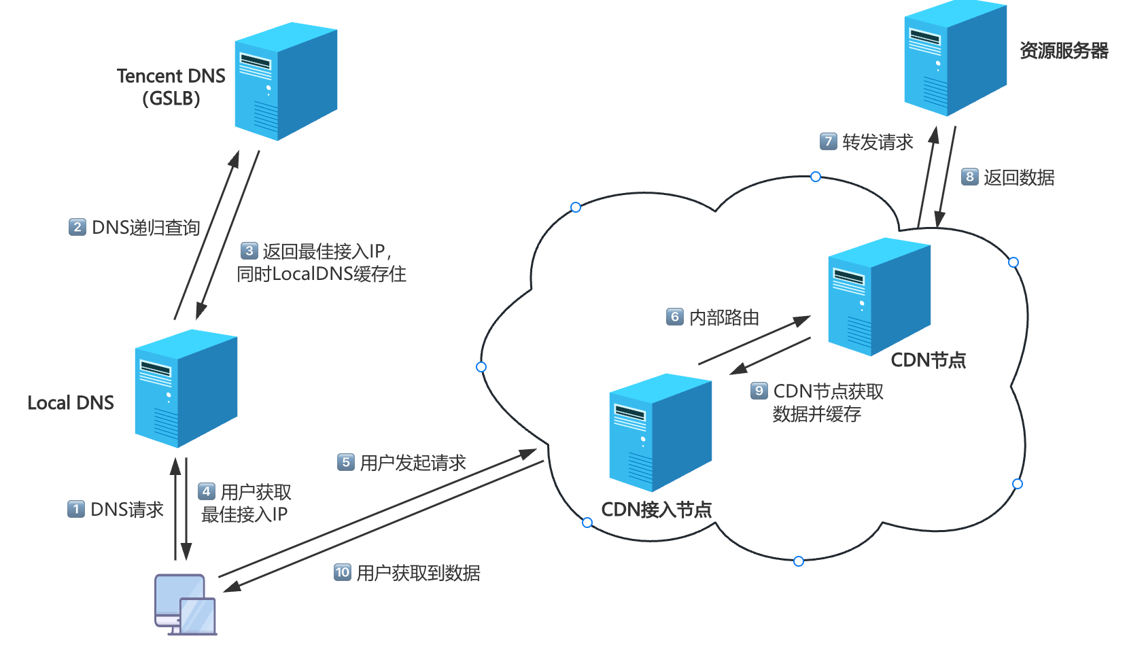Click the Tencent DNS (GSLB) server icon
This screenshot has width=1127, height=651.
click(x=285, y=82)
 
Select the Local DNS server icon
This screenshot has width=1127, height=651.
click(x=186, y=389)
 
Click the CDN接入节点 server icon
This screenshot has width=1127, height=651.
click(x=660, y=433)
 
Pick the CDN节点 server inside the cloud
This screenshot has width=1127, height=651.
click(x=879, y=297)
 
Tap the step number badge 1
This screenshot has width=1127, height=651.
click(x=76, y=509)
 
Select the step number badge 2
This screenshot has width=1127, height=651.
click(x=77, y=227)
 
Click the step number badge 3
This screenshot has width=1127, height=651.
click(x=249, y=251)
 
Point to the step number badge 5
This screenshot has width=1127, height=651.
click(x=346, y=463)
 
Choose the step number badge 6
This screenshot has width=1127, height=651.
click(x=675, y=317)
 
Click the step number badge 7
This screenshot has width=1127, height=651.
click(x=828, y=141)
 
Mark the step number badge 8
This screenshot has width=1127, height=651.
click(x=970, y=177)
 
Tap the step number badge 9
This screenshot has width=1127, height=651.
click(x=759, y=391)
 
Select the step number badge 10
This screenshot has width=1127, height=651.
click(x=343, y=572)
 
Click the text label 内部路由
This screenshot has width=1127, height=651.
click(x=725, y=317)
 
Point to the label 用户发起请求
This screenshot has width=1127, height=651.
click(x=413, y=463)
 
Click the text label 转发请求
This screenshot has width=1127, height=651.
click(x=878, y=142)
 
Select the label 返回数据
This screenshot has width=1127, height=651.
click(x=1019, y=177)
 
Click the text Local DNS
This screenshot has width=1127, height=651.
click(x=71, y=403)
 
